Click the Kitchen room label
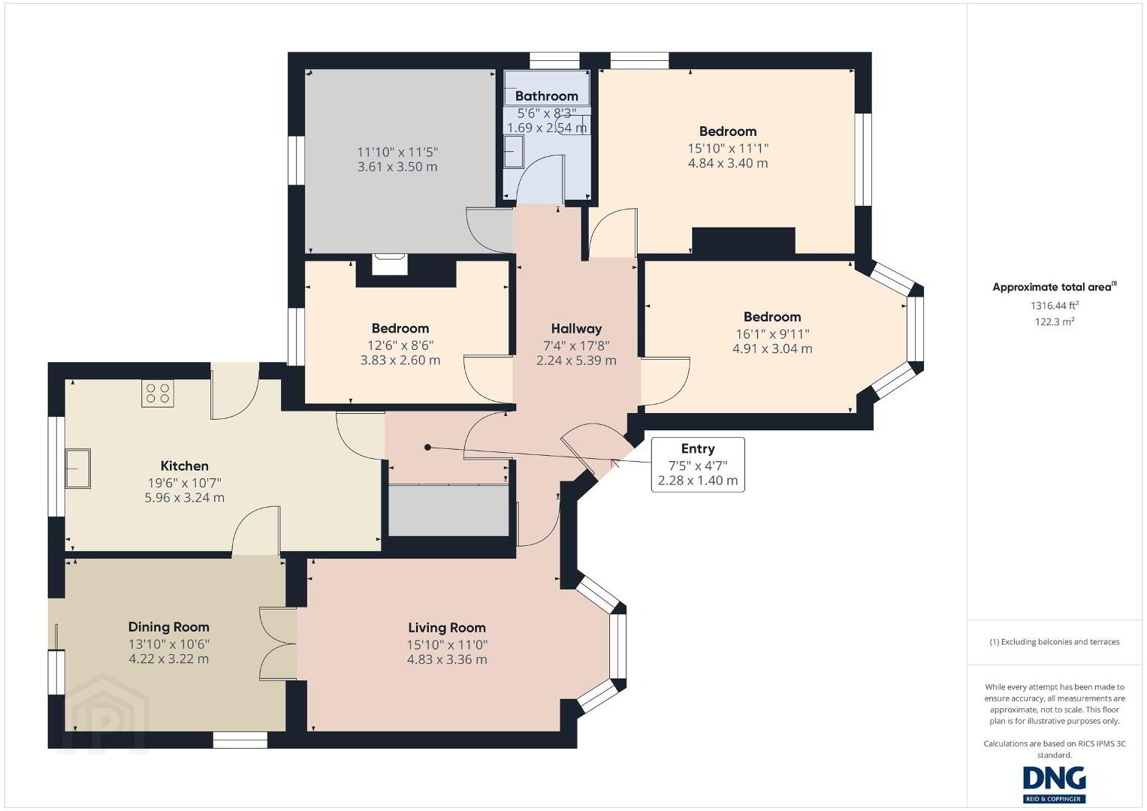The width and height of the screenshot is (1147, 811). pyautogui.click(x=184, y=466)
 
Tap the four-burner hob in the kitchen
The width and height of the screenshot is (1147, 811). pyautogui.click(x=158, y=393)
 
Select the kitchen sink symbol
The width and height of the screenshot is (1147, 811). pyautogui.click(x=78, y=469)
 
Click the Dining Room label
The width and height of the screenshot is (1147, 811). pyautogui.click(x=168, y=627)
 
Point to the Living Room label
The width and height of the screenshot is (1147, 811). pyautogui.click(x=447, y=627)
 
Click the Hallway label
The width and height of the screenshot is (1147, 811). pyautogui.click(x=576, y=328)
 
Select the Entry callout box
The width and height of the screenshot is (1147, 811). pyautogui.click(x=698, y=464)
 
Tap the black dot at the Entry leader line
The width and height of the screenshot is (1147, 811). pyautogui.click(x=427, y=448)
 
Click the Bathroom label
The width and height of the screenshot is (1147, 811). pyautogui.click(x=546, y=96)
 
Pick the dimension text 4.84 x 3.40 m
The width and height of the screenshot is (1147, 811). pyautogui.click(x=728, y=164)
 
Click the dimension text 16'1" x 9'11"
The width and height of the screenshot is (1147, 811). pyautogui.click(x=772, y=334)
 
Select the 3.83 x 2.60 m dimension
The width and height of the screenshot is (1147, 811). pyautogui.click(x=400, y=360)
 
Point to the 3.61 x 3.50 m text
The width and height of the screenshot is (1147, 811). pyautogui.click(x=397, y=167)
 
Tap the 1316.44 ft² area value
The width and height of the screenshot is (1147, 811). pyautogui.click(x=1055, y=306)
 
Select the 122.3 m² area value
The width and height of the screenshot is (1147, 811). pyautogui.click(x=1055, y=321)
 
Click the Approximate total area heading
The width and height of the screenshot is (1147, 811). pyautogui.click(x=1055, y=287)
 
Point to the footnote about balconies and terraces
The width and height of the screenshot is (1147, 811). pyautogui.click(x=1055, y=641)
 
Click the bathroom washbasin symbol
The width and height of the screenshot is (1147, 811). pyautogui.click(x=514, y=151)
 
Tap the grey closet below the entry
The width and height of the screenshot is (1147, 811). pyautogui.click(x=448, y=511)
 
